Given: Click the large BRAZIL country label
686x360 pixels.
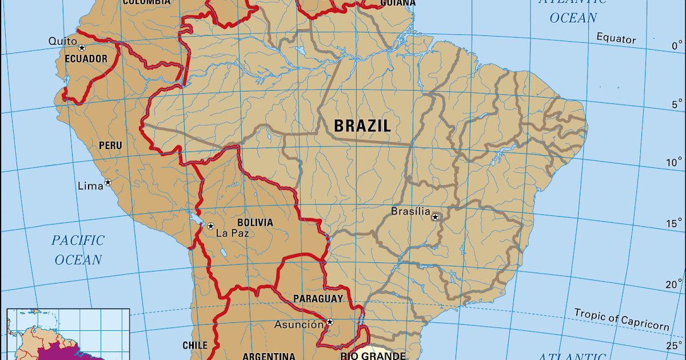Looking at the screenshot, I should tap(362, 126).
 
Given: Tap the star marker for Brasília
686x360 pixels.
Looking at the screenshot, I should tap(436, 217).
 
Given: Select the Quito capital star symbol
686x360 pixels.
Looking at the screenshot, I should tap(82, 48).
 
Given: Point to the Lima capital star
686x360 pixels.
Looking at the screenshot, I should tap(107, 183).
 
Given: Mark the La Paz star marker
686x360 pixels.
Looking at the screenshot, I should tap(210, 226).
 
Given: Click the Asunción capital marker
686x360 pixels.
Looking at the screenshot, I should tap(330, 322).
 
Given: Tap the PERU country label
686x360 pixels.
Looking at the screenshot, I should tap(110, 146).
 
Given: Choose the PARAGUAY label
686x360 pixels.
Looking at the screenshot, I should tap(318, 298).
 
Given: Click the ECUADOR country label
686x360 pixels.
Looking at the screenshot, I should tap(86, 59).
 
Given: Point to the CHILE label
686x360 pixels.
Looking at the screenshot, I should tap(195, 345).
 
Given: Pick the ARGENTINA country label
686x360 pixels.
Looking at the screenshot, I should tap(269, 356).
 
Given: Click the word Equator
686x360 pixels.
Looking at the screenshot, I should tap(616, 39).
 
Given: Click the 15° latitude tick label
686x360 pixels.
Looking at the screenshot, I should tap(675, 223).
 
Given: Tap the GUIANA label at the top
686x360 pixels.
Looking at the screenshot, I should tap(398, 2).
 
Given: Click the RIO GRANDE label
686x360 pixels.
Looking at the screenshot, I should tap(373, 356).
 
